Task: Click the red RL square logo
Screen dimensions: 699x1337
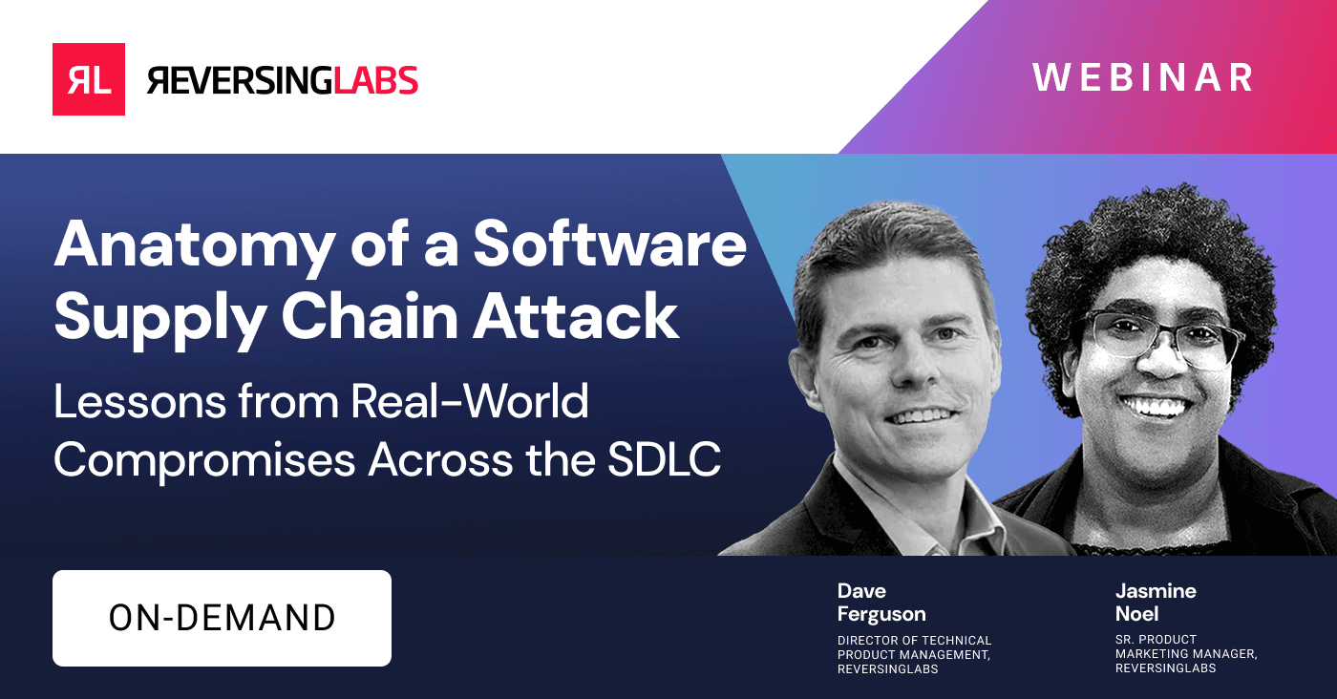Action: pos(88,79)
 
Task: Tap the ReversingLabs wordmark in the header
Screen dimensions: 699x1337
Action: pos(283,80)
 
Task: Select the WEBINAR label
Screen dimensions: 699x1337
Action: pos(1142,78)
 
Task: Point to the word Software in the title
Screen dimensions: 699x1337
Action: pos(610,244)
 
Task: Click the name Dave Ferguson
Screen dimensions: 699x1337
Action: pos(881,603)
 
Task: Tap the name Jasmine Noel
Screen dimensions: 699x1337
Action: pos(1156,603)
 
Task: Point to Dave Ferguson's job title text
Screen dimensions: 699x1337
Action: pos(914,654)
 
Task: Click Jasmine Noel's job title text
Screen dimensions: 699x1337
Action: pos(1185,654)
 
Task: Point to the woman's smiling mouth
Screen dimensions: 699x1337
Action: pos(1159,406)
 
